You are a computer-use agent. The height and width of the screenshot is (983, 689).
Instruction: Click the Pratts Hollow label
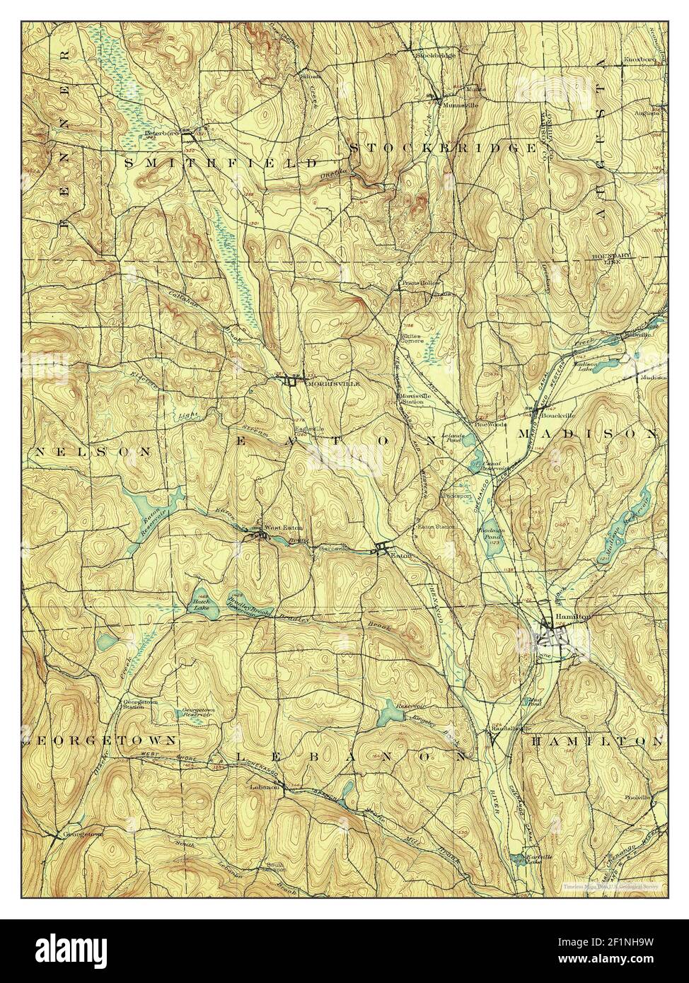point(421,283)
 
